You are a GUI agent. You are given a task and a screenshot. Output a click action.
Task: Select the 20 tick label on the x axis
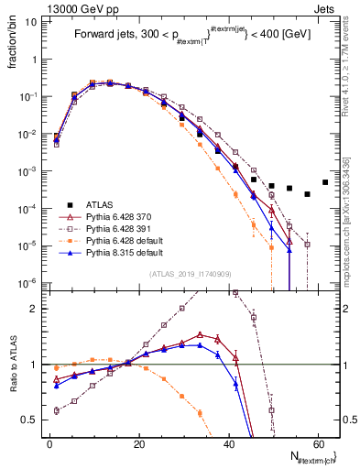pyautogui.click(x=138, y=442)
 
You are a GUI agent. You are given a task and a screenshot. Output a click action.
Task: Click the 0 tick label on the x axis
pyautogui.click(x=49, y=442)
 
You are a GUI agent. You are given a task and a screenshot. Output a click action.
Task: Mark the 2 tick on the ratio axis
pyautogui.click(x=36, y=309)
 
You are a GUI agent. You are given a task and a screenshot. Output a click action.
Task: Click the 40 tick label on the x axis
pyautogui.click(x=227, y=442)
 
